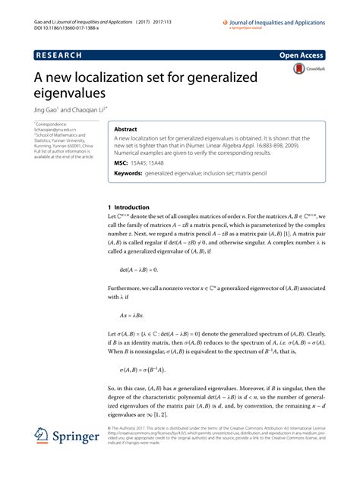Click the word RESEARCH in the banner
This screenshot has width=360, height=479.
tap(57, 55)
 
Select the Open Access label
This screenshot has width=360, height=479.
tap(302, 55)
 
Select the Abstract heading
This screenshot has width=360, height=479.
tap(126, 130)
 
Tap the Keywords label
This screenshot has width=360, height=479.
tap(128, 174)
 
